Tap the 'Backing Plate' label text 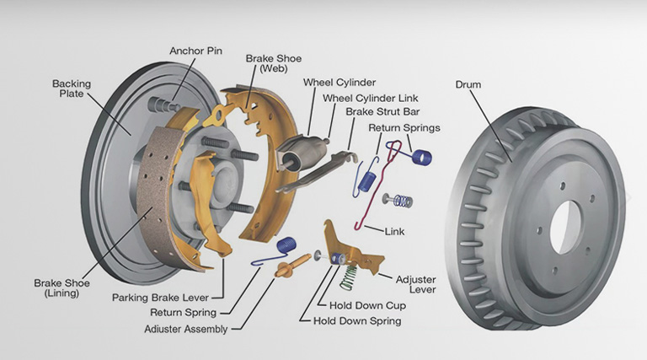(x=71, y=89)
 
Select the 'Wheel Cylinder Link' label (x=370, y=98)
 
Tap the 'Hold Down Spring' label (x=356, y=320)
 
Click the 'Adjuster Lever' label (x=417, y=283)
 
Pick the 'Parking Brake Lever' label (x=160, y=297)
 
